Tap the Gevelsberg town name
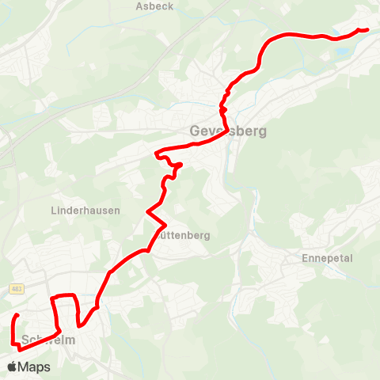click(228, 131)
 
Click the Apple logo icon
click(12, 367)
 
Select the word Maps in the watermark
click(34, 367)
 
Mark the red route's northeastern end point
click(367, 30)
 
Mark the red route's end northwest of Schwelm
click(17, 316)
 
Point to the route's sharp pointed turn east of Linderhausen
click(147, 211)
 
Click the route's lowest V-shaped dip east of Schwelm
click(80, 325)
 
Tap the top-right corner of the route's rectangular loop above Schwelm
click(75, 296)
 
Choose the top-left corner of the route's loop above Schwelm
click(53, 298)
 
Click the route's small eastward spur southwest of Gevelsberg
click(180, 165)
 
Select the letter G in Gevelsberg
click(196, 131)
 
